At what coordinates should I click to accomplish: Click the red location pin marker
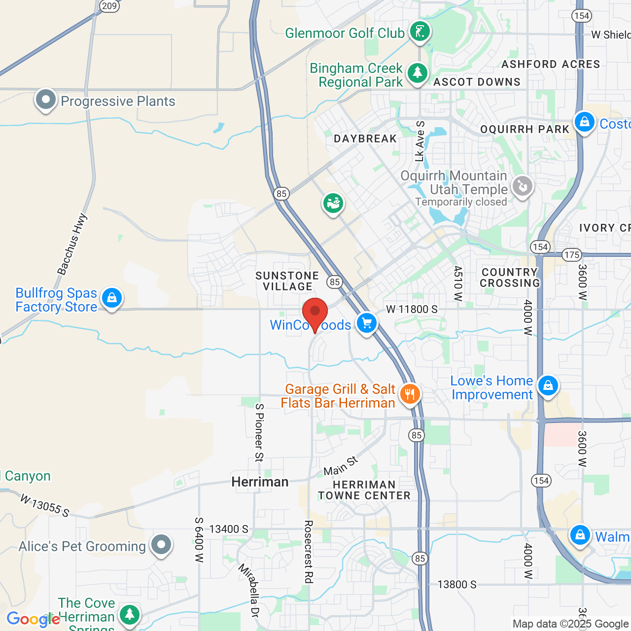point(315,313)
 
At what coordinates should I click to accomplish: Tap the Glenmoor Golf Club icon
point(420,32)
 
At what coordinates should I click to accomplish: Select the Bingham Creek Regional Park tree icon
point(418,73)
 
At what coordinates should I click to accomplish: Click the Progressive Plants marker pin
point(46,100)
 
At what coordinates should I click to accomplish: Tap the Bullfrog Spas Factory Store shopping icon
point(112,298)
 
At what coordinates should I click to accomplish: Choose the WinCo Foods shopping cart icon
point(366,323)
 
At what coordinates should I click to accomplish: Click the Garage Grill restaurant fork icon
point(409,394)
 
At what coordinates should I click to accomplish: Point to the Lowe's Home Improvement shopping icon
point(548,386)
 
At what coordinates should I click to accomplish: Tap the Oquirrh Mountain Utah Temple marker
point(522,187)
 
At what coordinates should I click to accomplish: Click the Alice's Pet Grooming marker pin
point(161,545)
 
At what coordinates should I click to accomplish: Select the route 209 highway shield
point(109,6)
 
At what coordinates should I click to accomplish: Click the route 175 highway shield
point(572,255)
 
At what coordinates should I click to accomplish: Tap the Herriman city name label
point(260,482)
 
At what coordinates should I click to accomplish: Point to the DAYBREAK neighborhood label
point(365,139)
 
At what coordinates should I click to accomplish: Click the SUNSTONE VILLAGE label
point(287,281)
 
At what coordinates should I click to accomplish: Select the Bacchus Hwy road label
point(72,244)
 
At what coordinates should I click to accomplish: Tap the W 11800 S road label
point(412,309)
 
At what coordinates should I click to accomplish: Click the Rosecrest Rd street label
point(309,552)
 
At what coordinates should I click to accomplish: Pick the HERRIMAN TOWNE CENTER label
point(364,490)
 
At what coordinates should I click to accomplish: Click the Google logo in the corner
point(33,619)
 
